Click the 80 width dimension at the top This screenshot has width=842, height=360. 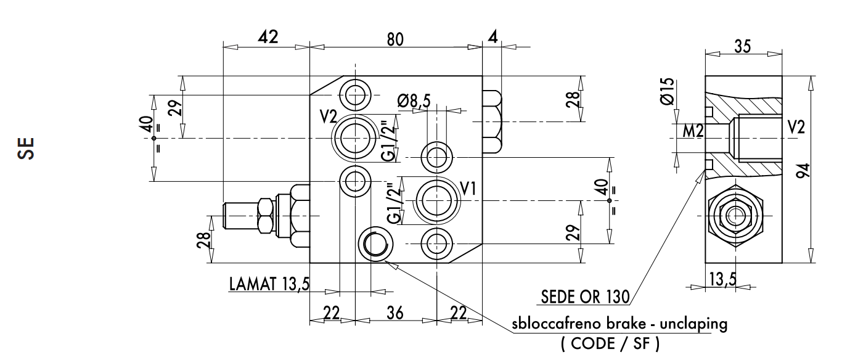coord(395,38)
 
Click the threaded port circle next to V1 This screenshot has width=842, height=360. coord(438,198)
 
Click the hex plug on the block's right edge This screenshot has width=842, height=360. coord(492,121)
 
